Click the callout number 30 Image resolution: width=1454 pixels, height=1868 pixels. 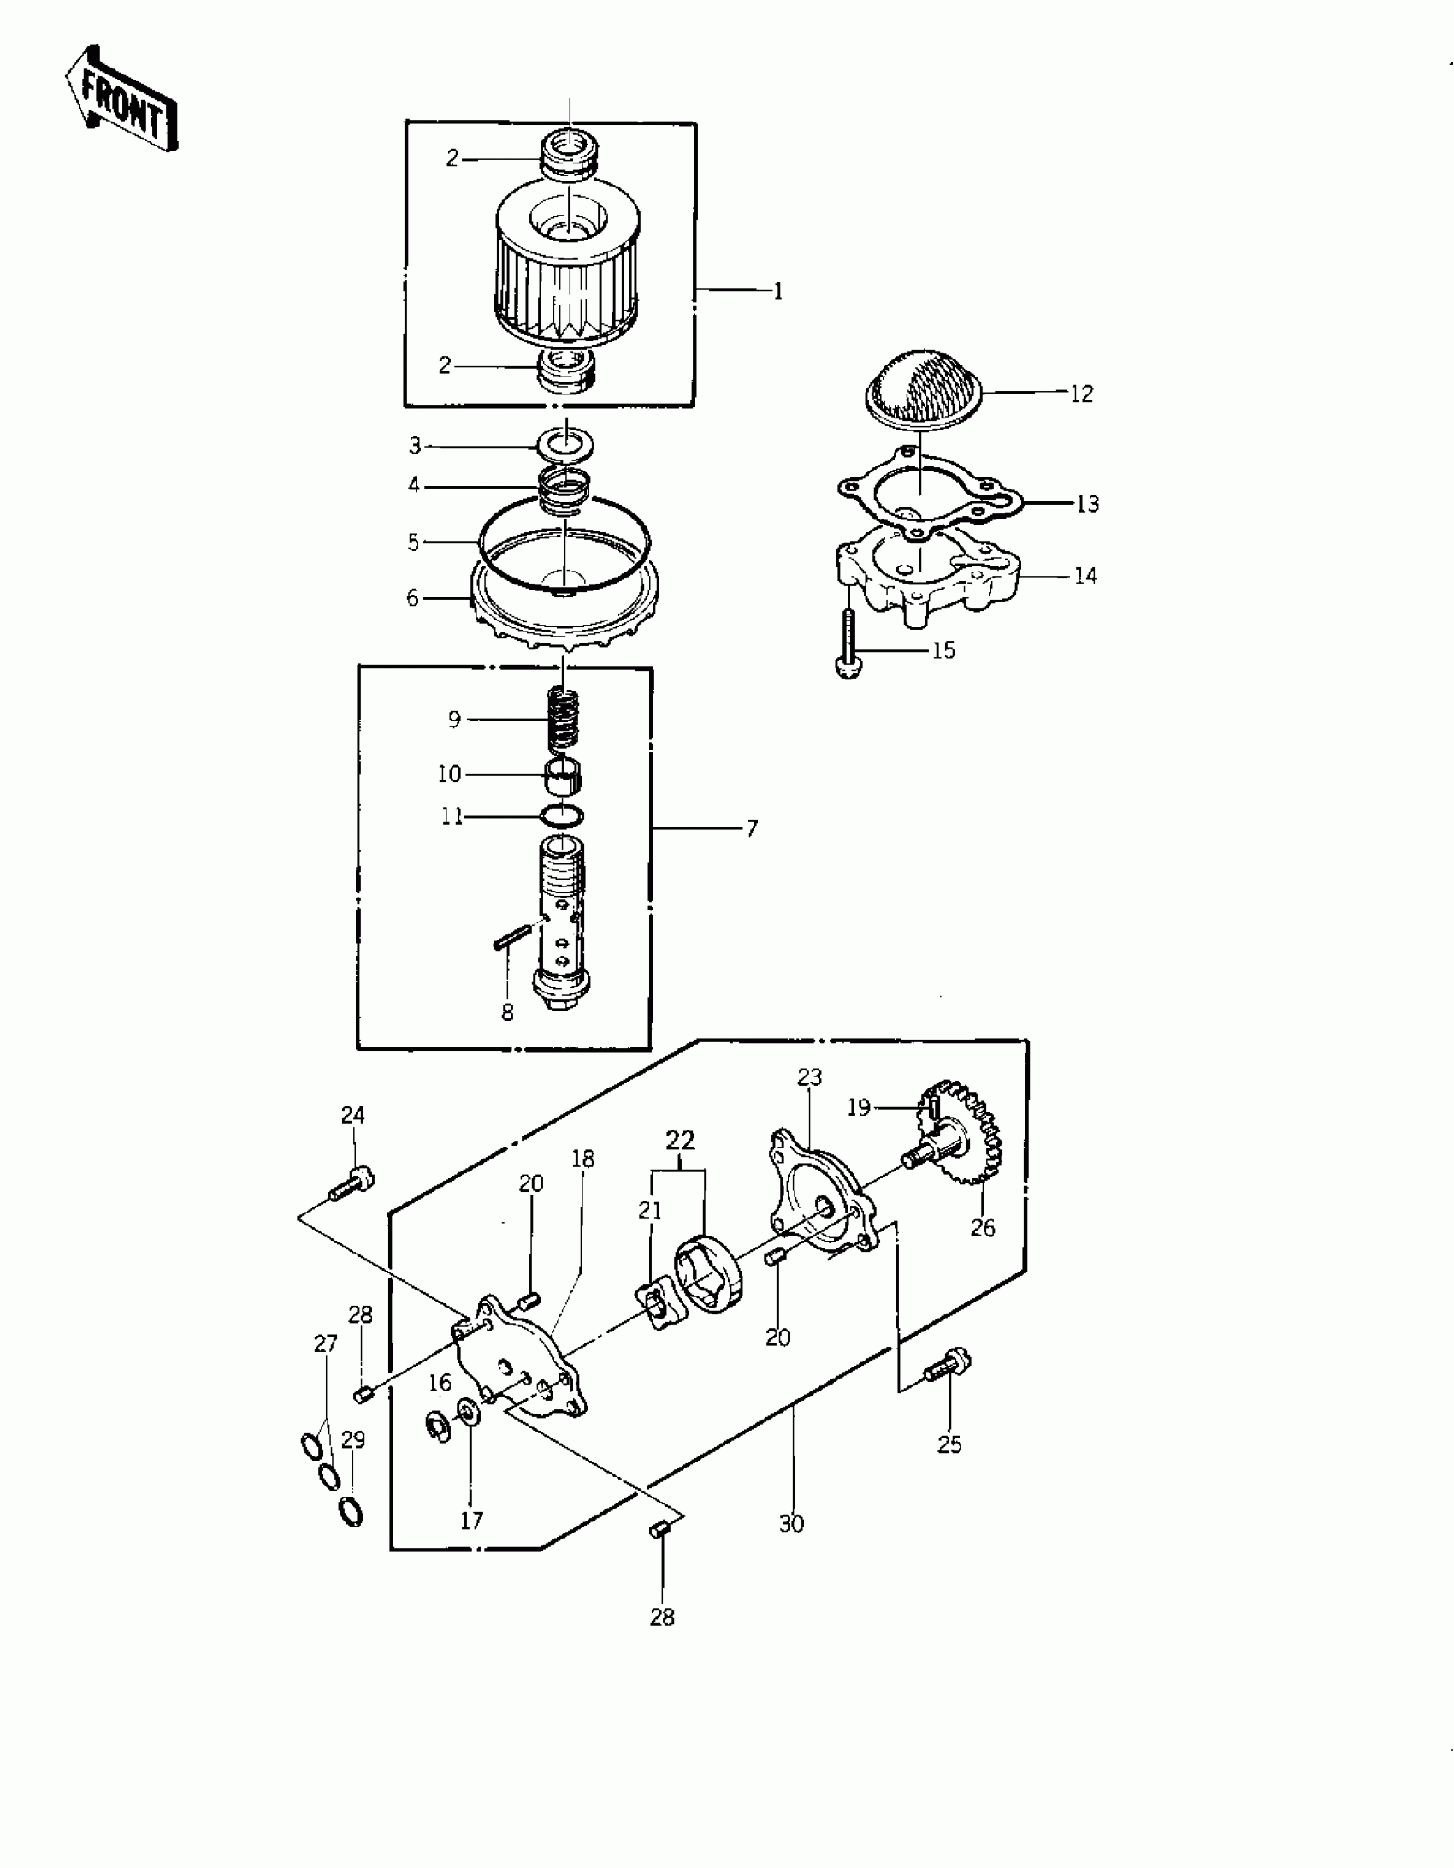point(791,1524)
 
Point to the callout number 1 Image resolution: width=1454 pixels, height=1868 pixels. point(777,292)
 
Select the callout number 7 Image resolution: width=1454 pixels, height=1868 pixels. point(752,828)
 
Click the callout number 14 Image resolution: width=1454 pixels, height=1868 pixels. point(1085,576)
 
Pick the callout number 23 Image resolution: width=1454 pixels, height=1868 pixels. point(809,1076)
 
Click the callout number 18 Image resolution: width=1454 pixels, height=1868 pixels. point(582,1159)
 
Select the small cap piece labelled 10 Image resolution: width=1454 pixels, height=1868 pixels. point(564,776)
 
